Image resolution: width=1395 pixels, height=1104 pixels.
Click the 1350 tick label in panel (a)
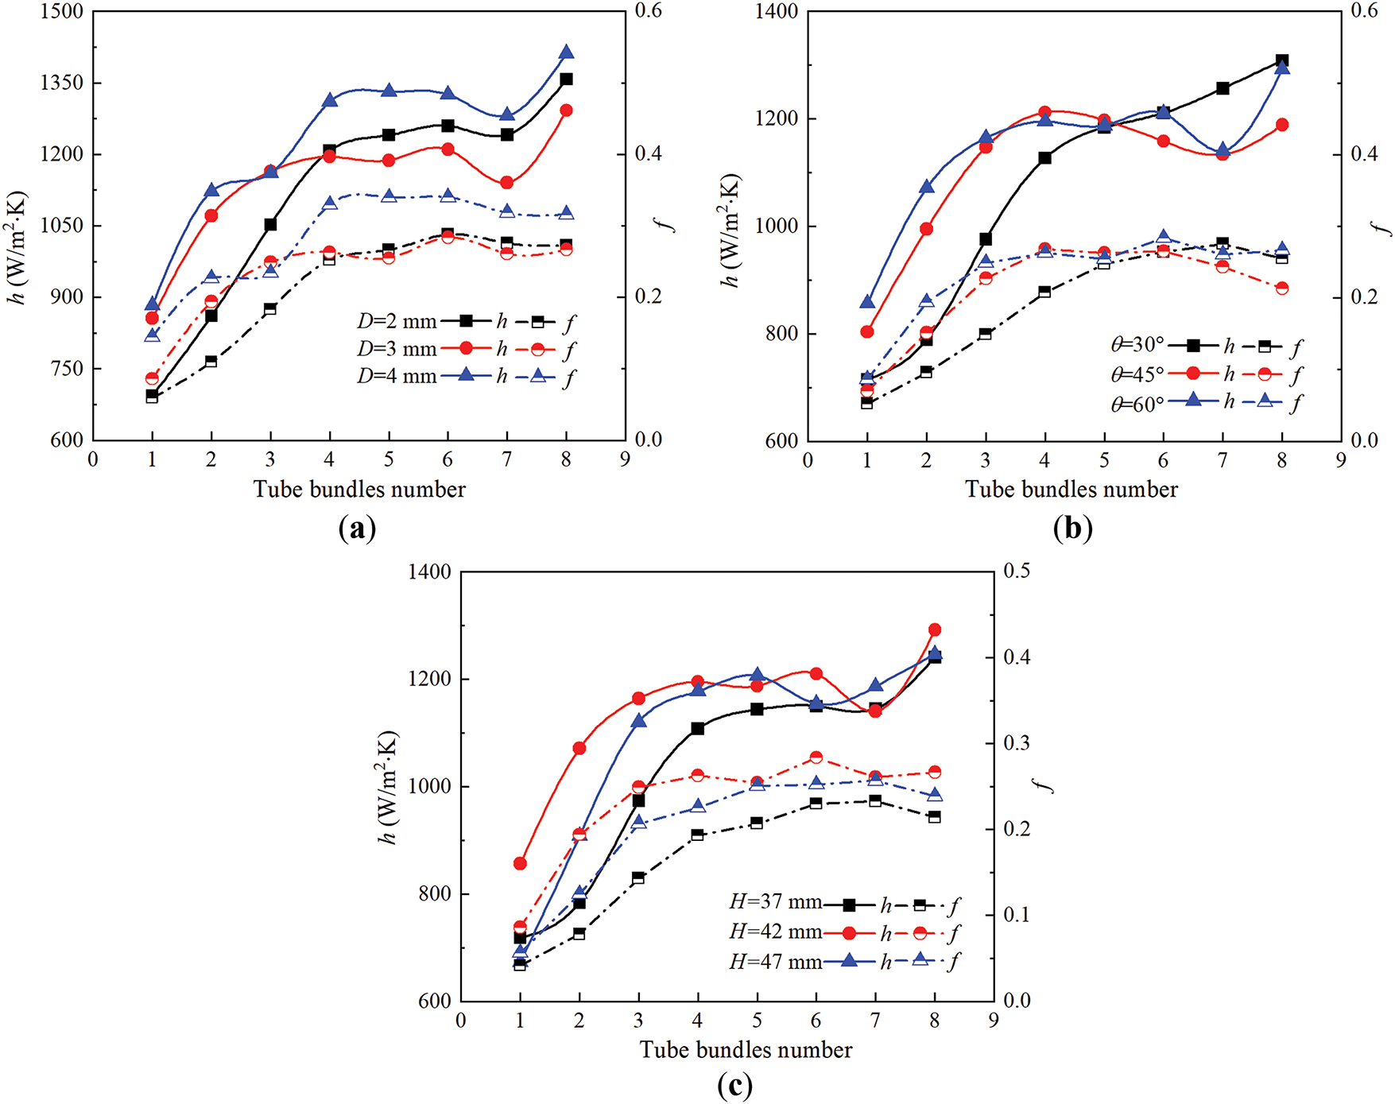[61, 83]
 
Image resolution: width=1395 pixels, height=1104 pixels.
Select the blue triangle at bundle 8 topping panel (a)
[566, 52]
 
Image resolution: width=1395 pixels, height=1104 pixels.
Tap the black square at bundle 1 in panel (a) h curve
[153, 394]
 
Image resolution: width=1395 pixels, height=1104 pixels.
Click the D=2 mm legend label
[397, 322]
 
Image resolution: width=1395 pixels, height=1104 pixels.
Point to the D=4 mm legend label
[397, 376]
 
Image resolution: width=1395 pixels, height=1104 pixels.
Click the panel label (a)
[357, 527]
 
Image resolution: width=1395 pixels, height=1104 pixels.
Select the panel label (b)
[1072, 527]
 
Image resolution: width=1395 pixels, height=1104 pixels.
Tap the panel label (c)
[734, 1084]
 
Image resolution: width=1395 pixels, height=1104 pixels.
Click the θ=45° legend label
[1137, 374]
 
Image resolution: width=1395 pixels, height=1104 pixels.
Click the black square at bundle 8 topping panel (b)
[1281, 61]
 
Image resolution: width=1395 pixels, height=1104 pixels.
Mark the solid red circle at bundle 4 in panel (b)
[1044, 113]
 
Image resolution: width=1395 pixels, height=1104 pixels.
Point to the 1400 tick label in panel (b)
[776, 12]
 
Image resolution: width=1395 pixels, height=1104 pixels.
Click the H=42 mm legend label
[775, 932]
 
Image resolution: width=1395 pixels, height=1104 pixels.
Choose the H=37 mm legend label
[775, 902]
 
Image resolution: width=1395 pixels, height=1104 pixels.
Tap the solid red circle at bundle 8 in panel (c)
[935, 629]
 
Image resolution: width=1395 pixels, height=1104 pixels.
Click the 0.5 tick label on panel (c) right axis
[1017, 571]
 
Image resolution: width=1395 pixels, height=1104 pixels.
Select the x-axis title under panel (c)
[746, 1050]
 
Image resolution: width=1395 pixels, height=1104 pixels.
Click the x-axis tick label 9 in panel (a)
[625, 460]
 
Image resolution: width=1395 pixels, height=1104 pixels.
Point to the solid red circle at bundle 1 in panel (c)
[520, 863]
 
